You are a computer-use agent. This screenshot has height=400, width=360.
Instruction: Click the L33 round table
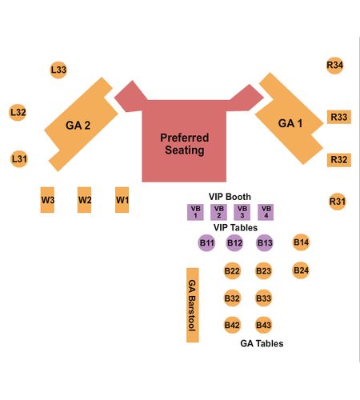click(x=58, y=70)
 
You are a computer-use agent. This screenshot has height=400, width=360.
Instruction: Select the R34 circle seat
click(x=334, y=65)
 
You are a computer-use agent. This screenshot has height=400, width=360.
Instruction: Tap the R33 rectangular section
click(x=339, y=117)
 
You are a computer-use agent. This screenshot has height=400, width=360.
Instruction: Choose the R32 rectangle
click(x=339, y=160)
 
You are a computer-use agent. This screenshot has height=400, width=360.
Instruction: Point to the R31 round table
click(x=338, y=202)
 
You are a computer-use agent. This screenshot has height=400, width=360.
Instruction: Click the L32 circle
click(x=18, y=112)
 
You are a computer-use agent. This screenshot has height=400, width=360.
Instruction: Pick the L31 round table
click(x=19, y=159)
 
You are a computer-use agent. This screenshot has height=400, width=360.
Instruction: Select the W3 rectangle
click(x=47, y=200)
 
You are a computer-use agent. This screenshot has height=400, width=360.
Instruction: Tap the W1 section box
click(x=122, y=200)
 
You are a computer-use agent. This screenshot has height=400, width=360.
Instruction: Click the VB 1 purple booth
click(x=195, y=212)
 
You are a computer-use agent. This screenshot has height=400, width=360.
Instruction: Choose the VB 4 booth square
click(x=266, y=212)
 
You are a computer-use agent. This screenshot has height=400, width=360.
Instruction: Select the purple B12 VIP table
click(x=234, y=243)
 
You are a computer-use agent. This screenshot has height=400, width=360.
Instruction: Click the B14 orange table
click(x=301, y=242)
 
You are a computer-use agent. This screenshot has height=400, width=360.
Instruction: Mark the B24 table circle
click(x=301, y=270)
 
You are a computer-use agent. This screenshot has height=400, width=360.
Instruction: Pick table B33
click(x=263, y=298)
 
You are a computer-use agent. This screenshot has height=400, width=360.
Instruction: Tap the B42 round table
click(x=232, y=325)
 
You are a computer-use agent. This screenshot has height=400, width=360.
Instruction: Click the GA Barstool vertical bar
click(x=193, y=305)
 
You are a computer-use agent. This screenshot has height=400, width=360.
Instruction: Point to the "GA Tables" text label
click(x=262, y=343)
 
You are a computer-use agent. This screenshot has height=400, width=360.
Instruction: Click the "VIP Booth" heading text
click(x=230, y=197)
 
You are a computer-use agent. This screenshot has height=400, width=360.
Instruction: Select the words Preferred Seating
click(x=185, y=144)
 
